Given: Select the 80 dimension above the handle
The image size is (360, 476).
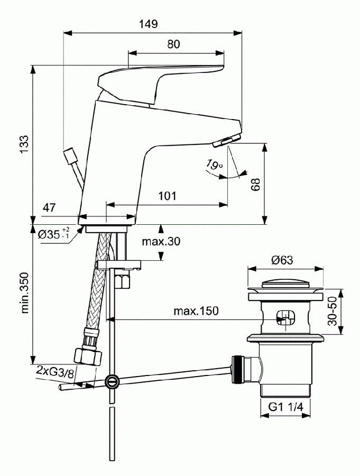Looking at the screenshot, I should [x=173, y=44].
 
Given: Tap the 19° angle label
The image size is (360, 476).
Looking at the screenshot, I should [x=214, y=166].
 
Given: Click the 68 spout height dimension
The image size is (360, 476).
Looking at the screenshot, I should [x=256, y=184].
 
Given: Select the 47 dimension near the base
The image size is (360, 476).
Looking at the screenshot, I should [x=49, y=208].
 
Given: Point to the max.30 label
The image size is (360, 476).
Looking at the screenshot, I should [x=161, y=241].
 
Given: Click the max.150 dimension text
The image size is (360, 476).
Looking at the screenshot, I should [x=196, y=310].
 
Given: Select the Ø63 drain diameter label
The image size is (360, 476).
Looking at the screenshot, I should [x=282, y=260].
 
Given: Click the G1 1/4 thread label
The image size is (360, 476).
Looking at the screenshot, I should [x=285, y=408].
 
